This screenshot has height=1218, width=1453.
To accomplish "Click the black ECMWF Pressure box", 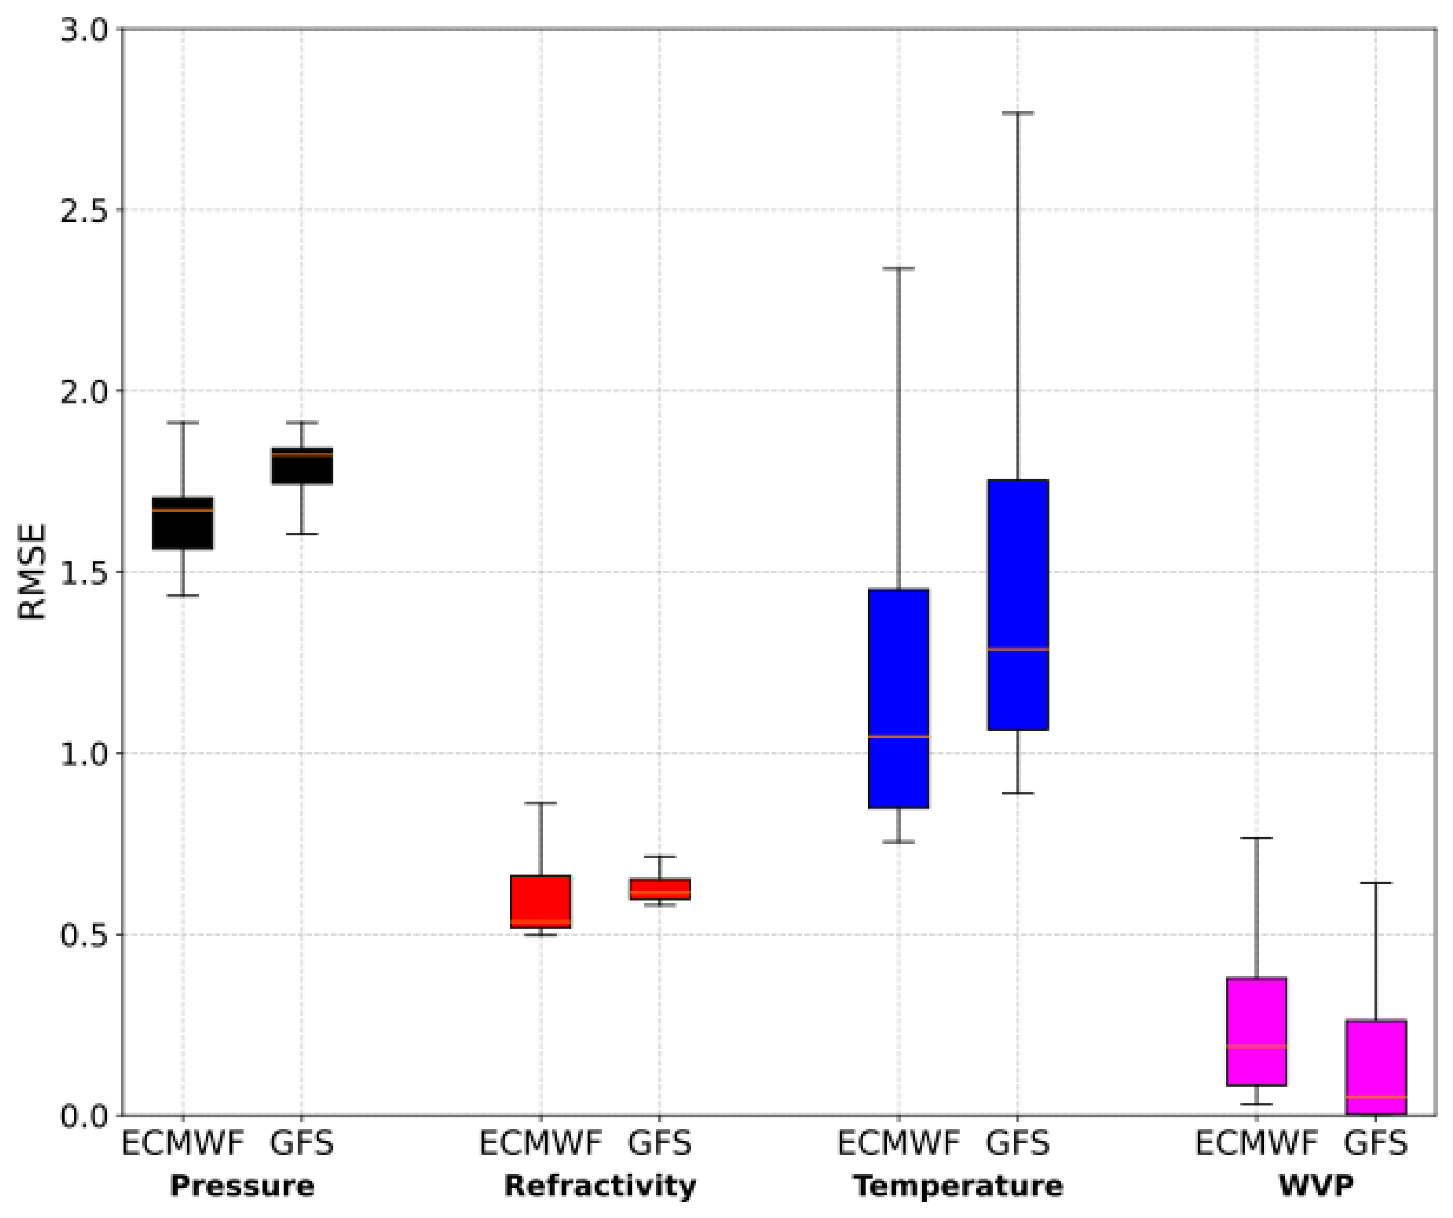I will point(183,523).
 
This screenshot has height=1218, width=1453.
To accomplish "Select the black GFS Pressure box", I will point(302,466).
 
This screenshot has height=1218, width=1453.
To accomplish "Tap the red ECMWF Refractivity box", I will point(540,901).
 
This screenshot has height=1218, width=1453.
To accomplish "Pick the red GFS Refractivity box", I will point(659,889).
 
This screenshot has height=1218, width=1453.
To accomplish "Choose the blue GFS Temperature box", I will point(1018,604).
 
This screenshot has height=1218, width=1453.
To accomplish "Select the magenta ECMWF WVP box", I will point(1257,1031).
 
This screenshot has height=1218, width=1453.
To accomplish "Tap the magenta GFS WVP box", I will point(1375,1067).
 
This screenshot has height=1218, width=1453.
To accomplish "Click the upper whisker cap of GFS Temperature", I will point(1018,113).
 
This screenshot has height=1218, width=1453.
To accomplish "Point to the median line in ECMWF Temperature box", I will point(899,736).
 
